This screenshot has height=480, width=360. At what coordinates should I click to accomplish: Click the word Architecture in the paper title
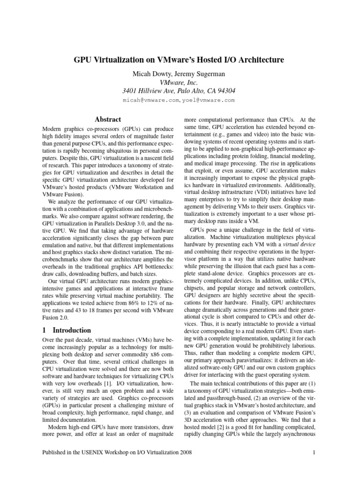click(x=253, y=60)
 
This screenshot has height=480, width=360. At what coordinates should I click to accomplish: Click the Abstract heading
click(x=108, y=120)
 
